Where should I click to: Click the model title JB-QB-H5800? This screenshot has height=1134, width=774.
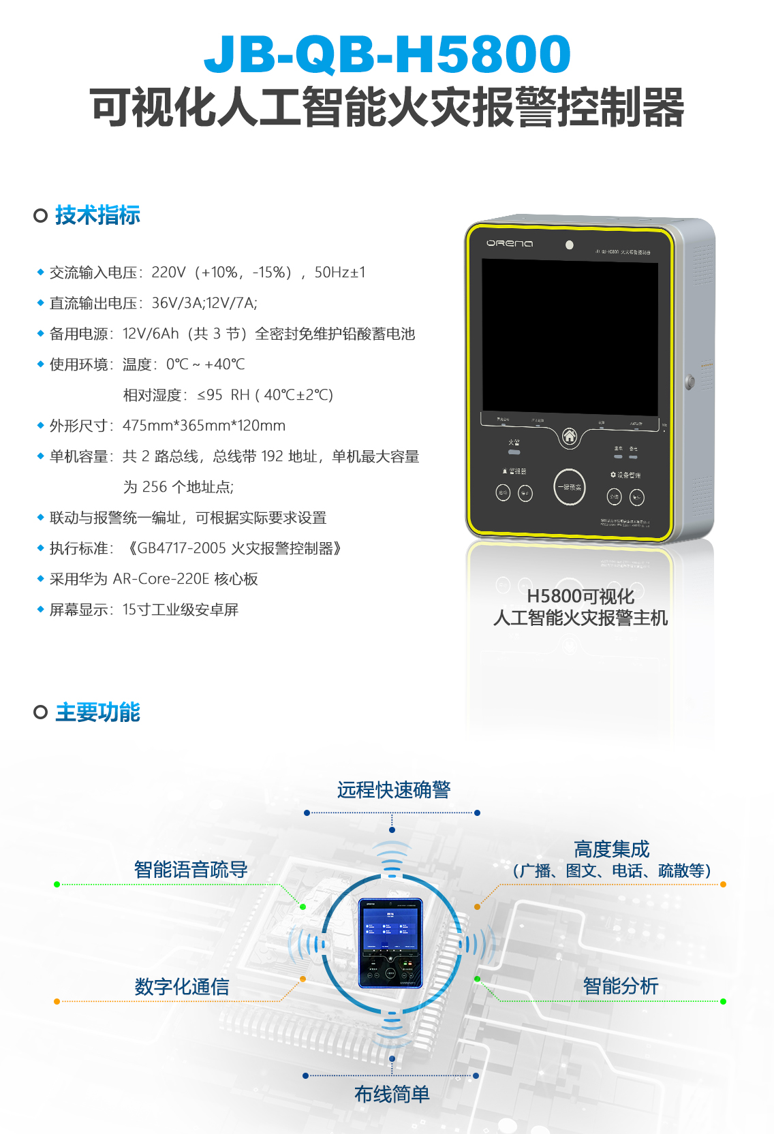pos(387,54)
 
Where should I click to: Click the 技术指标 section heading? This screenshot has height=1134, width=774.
pos(97,215)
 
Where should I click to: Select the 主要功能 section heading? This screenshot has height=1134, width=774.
pos(97,712)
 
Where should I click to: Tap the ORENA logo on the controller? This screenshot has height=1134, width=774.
pos(510,243)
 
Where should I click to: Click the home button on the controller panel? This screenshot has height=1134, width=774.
pos(570,436)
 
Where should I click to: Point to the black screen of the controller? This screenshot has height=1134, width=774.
pos(570,337)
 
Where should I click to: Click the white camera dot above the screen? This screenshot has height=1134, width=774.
pos(570,245)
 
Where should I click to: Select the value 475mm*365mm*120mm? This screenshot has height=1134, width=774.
pos(204,426)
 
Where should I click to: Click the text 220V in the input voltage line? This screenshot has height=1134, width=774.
pos(168,272)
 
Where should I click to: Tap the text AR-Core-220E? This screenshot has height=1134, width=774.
pos(161,579)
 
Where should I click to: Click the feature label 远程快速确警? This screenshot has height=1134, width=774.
pos(393,790)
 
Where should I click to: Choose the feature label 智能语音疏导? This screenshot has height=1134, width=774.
pos(191,870)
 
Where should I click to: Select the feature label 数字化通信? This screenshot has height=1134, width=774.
pos(181,987)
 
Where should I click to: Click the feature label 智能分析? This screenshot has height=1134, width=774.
pos(620,986)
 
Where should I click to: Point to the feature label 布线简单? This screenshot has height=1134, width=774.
pos(392,1094)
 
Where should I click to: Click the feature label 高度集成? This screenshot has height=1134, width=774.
pos(611,849)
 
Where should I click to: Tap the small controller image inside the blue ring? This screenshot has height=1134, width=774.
pos(390,943)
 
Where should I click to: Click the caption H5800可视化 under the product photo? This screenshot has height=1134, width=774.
pos(580,597)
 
